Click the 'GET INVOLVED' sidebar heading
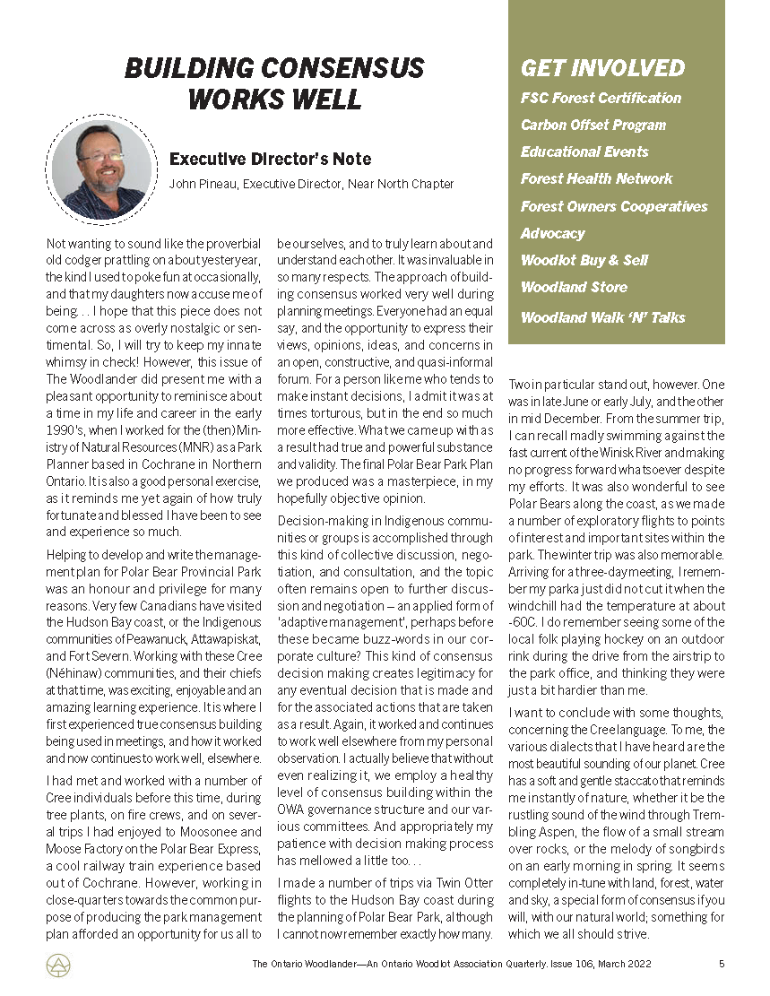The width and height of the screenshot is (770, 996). click(x=602, y=68)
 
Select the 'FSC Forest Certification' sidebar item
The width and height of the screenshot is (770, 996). click(x=601, y=98)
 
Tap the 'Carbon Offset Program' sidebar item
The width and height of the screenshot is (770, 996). click(x=593, y=125)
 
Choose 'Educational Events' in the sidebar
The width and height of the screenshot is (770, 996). click(x=584, y=152)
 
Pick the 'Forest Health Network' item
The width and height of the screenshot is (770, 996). click(x=596, y=178)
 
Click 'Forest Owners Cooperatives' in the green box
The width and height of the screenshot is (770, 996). click(x=614, y=206)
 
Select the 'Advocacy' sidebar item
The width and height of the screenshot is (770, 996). click(x=552, y=233)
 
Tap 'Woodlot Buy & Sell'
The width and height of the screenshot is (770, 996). click(x=584, y=260)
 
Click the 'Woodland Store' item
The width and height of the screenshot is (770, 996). click(x=574, y=287)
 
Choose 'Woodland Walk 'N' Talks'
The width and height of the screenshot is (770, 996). click(x=602, y=317)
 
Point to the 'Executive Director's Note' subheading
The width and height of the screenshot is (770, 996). click(x=270, y=159)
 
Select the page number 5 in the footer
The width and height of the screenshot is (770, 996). click(x=721, y=965)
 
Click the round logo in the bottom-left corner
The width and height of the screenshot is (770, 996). click(x=57, y=965)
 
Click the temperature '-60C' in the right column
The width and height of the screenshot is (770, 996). click(x=521, y=621)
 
